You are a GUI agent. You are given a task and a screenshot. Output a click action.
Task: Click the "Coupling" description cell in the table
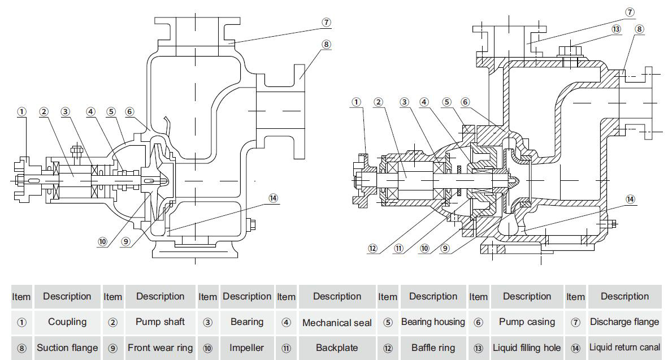(x=67, y=322)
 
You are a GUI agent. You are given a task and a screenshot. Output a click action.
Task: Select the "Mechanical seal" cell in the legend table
(x=337, y=323)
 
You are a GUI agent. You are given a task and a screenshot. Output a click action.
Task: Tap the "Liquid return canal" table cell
(x=624, y=348)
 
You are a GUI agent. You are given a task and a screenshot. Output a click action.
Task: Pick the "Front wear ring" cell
(x=160, y=348)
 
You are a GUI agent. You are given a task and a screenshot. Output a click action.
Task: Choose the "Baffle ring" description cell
(x=433, y=348)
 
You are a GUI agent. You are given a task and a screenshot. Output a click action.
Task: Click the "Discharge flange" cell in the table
(x=624, y=322)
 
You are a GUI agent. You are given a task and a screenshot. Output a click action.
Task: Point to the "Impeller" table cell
(x=246, y=348)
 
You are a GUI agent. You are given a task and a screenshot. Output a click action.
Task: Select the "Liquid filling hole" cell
(x=527, y=348)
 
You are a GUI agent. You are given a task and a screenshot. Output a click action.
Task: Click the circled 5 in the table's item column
(x=388, y=323)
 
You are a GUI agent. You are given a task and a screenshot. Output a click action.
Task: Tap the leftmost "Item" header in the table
(x=21, y=297)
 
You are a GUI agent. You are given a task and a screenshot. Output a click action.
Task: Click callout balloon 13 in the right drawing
(x=615, y=29)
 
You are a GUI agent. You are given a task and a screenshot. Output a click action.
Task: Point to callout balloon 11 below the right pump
(x=399, y=248)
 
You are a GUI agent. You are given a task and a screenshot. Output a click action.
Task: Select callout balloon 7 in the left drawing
(x=326, y=23)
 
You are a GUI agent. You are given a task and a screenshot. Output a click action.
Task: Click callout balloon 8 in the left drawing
(x=326, y=44)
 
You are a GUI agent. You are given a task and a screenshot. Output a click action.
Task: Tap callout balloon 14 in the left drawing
(x=274, y=198)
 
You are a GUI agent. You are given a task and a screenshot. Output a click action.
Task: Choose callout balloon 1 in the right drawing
(x=356, y=102)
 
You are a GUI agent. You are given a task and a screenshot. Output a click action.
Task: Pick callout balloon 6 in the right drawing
(x=465, y=102)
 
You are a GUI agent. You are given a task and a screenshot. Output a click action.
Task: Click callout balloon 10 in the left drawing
(x=102, y=241)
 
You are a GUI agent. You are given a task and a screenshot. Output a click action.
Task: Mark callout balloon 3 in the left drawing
(x=66, y=111)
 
